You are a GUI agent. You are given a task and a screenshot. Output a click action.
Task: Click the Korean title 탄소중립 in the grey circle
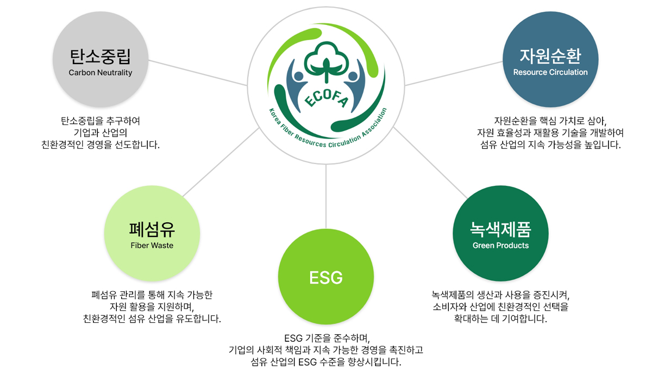coord(101,57)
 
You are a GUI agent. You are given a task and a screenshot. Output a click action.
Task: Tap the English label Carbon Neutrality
coord(101,72)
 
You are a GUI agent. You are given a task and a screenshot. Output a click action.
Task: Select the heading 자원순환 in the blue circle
coord(550,56)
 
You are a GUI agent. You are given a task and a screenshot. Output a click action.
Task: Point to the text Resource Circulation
coord(550,72)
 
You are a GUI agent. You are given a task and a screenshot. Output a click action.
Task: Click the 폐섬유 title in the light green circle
coord(152,229)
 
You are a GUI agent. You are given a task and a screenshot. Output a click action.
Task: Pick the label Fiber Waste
coord(152,246)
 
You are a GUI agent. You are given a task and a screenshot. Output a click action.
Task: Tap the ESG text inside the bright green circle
coord(326,277)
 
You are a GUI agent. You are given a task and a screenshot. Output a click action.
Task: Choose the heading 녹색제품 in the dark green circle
coord(500,229)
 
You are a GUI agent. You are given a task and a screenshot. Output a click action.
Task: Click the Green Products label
coord(500,246)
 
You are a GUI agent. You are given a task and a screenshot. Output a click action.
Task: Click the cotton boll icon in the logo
coord(327,61)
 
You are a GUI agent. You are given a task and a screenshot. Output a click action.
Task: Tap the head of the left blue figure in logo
coord(299,76)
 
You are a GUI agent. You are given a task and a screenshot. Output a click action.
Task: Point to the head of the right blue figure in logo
coord(353,76)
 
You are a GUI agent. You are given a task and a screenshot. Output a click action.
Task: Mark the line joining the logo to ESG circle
coord(326,197)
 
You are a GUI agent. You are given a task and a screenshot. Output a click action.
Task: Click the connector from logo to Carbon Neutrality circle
coord(198,73)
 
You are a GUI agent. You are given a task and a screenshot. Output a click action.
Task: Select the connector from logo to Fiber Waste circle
coord(221,162)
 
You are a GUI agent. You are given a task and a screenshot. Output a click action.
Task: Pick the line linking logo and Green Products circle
coord(430,162)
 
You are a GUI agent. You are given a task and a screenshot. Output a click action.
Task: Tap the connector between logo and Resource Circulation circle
coord(454,73)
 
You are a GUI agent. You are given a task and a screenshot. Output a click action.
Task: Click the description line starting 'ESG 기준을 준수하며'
coord(327,338)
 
